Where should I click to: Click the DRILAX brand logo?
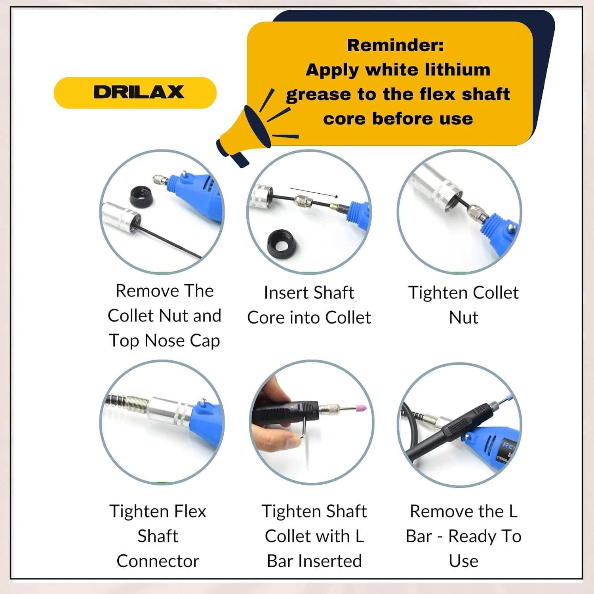tap(139, 92)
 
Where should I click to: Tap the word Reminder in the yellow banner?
tap(395, 45)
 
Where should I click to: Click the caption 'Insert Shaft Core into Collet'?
tap(309, 305)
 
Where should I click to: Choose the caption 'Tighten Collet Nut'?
tap(463, 305)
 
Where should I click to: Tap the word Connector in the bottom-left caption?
tap(158, 561)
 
